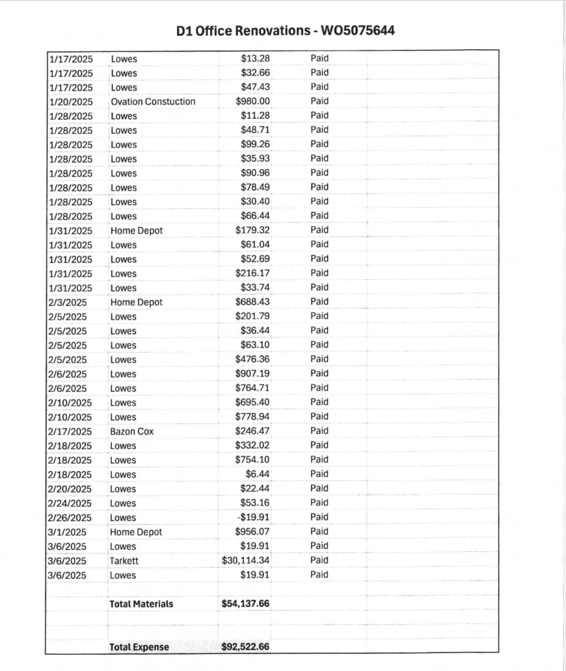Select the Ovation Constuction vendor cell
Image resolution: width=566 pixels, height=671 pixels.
(153, 102)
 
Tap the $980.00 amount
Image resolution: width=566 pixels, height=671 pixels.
(253, 102)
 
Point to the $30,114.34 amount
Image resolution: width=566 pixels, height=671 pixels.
(246, 561)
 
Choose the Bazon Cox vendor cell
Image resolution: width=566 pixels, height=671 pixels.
(132, 432)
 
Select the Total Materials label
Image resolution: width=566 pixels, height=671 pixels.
(141, 604)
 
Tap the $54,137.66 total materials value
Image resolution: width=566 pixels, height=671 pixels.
(246, 604)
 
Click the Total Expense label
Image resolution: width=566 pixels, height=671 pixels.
(139, 647)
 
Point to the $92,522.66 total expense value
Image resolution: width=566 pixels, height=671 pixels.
(246, 647)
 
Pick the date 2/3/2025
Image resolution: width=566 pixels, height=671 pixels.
(67, 302)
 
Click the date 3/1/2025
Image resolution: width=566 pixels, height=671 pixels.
(67, 532)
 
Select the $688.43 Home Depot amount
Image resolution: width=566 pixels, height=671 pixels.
(253, 302)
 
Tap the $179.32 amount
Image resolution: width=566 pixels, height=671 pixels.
(253, 231)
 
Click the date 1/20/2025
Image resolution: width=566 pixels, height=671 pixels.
(70, 102)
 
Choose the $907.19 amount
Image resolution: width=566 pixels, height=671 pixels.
(253, 374)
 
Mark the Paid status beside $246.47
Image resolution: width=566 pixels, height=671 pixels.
(319, 431)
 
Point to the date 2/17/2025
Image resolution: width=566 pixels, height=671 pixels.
(70, 432)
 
